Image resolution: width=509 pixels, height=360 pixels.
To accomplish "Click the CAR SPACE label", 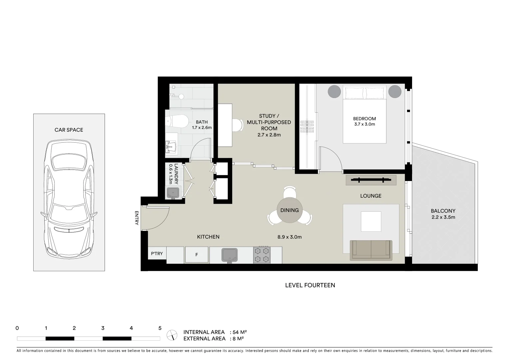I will [x=69, y=130].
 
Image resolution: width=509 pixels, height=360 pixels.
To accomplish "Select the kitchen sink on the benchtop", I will [x=229, y=255].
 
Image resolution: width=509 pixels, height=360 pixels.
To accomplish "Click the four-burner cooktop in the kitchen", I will [x=261, y=255].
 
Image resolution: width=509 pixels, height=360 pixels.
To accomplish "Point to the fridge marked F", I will [x=197, y=255].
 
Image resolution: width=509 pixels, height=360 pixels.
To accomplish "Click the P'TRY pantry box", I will [x=157, y=254].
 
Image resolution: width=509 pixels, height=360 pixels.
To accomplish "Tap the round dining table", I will [x=289, y=210].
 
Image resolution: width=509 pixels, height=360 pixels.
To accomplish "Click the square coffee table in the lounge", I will [x=371, y=221].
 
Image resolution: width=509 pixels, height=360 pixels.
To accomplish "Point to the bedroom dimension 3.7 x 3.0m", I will [x=364, y=124].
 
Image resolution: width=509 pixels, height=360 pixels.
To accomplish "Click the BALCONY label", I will [x=443, y=211].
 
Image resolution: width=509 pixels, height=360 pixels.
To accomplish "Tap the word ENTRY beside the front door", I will [x=137, y=218].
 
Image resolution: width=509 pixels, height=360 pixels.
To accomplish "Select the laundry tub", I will [x=173, y=193].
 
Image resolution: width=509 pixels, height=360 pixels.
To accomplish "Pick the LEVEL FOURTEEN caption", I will [x=310, y=285].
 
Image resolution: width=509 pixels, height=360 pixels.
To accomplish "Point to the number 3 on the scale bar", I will [x=103, y=328].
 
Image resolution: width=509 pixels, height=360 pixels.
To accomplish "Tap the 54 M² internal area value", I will [x=240, y=332].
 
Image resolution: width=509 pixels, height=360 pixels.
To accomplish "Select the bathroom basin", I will [x=172, y=146].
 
